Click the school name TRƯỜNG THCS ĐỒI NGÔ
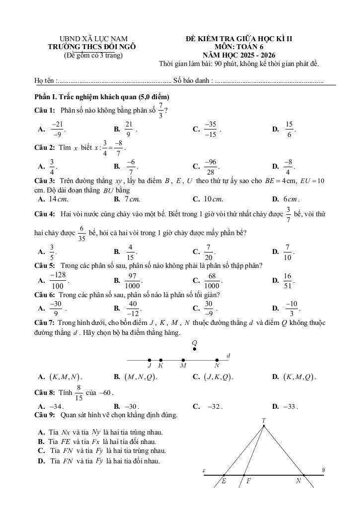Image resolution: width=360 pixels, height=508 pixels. (x=93, y=47)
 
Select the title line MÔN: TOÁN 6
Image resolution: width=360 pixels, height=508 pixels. (x=239, y=47)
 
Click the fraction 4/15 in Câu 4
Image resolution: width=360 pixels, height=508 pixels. (x=130, y=252)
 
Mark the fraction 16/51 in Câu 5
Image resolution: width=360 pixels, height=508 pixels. (x=288, y=280)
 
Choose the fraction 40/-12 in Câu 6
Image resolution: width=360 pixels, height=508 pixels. (x=133, y=308)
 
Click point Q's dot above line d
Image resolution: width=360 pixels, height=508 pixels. (x=194, y=349)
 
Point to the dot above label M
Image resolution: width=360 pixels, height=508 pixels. (x=183, y=360)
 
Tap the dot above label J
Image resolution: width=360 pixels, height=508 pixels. (x=149, y=360)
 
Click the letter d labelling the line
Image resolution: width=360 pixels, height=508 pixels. (x=228, y=356)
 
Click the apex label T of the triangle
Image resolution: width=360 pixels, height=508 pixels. (x=264, y=421)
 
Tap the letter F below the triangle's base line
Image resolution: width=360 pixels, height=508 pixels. (x=248, y=481)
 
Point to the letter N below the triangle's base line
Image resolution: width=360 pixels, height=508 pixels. (x=298, y=481)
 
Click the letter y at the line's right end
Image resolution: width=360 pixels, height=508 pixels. (x=323, y=469)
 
